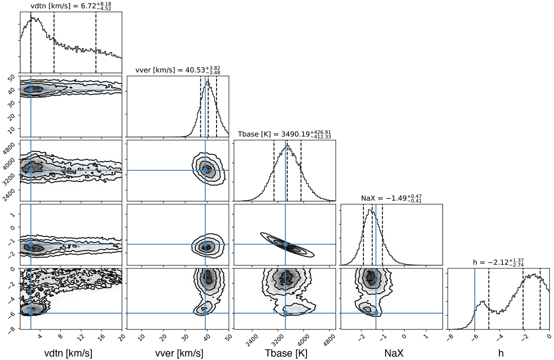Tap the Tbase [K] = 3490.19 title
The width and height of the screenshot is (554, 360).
[283, 134]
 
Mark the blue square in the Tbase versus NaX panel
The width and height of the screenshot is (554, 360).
[285, 244]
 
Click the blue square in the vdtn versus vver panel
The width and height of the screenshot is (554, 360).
[31, 90]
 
